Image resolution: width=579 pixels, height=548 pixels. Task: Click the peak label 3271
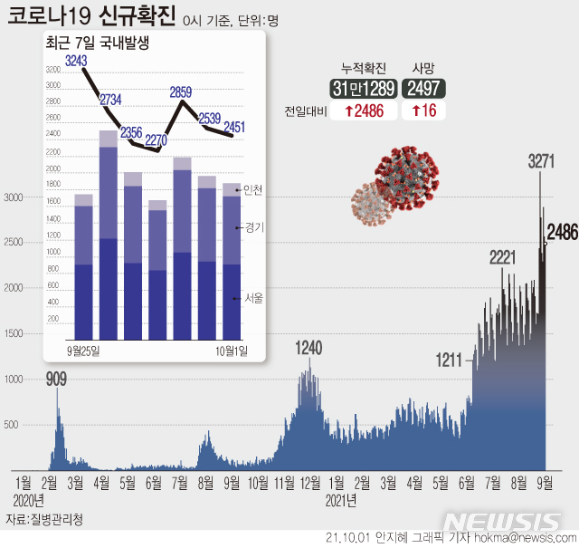click(x=541, y=161)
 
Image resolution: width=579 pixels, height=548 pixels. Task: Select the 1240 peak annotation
click(x=308, y=348)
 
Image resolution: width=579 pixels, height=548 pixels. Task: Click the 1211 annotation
click(x=449, y=360)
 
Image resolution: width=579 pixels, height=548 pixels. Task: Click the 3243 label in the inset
click(x=77, y=61)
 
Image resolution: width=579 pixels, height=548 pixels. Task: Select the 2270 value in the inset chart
click(x=157, y=139)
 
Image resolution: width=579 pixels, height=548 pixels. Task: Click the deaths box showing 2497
click(x=423, y=88)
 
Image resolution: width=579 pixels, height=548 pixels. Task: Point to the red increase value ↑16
click(x=423, y=111)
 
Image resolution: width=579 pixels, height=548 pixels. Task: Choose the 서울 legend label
click(x=253, y=298)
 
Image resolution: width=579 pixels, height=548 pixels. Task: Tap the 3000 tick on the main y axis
click(x=15, y=197)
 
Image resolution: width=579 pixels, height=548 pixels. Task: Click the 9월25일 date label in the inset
click(x=83, y=350)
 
